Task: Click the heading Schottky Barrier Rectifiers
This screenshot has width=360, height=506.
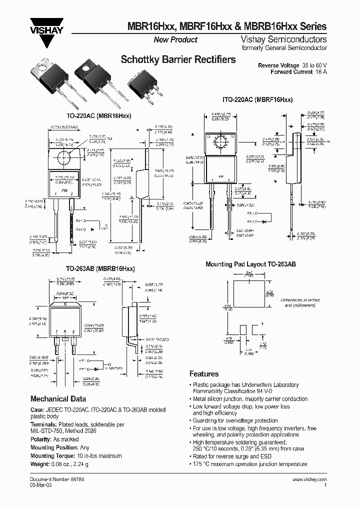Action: (178, 60)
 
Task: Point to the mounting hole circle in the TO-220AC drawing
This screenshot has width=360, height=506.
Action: (64, 157)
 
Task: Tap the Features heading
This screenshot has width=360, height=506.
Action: (203, 374)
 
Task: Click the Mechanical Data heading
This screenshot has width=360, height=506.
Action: (58, 399)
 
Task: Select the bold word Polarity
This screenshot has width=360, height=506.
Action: (41, 439)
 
